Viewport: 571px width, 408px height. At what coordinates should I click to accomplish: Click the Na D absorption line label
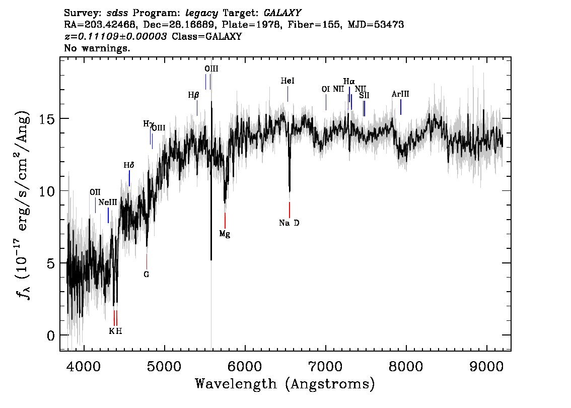click(289, 223)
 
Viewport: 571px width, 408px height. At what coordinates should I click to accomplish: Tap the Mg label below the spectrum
click(225, 234)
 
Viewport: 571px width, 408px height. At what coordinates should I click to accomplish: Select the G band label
click(147, 275)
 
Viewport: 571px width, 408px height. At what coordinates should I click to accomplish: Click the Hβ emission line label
click(194, 95)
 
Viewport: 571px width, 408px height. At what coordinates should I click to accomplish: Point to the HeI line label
click(288, 81)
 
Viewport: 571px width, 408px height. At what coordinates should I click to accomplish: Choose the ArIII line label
click(400, 94)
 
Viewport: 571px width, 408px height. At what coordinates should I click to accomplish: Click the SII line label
click(364, 95)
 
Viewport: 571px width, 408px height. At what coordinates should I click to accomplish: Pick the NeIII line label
click(108, 202)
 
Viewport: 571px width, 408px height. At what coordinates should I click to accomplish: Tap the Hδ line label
click(129, 165)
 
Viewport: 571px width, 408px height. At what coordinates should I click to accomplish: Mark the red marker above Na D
click(290, 210)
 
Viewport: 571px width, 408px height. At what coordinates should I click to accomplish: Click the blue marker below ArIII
click(401, 107)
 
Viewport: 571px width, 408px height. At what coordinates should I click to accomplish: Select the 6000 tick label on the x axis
click(245, 366)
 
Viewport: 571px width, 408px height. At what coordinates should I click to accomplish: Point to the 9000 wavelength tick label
click(486, 366)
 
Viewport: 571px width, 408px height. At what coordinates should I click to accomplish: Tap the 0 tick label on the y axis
click(51, 335)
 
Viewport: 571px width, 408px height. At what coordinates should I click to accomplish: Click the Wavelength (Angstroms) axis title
click(285, 384)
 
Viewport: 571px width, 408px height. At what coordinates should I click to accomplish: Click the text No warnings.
click(97, 48)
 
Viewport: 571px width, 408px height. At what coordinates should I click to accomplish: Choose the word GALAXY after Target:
click(282, 13)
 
